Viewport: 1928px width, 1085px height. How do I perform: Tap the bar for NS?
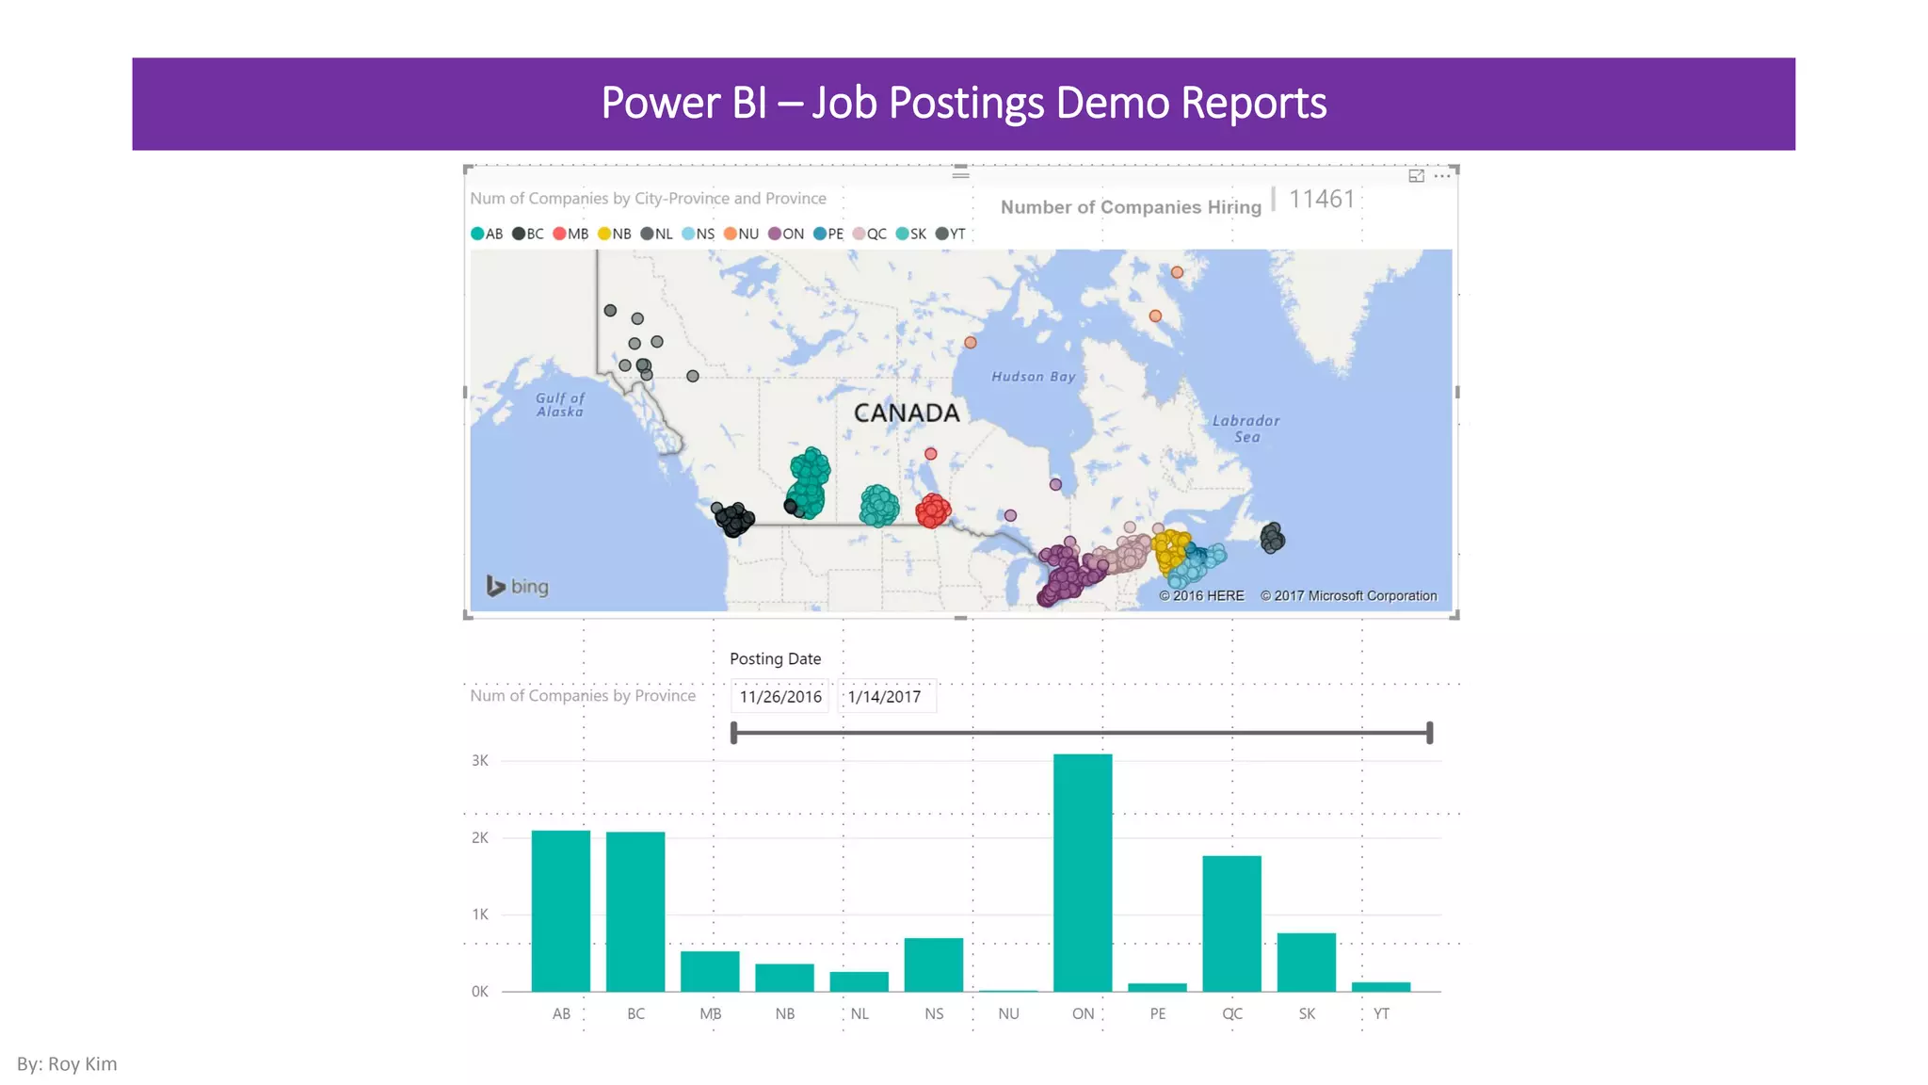pyautogui.click(x=933, y=964)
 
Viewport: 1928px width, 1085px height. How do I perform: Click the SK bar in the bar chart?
pyautogui.click(x=1306, y=962)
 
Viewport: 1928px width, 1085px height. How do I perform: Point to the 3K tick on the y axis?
pyautogui.click(x=480, y=760)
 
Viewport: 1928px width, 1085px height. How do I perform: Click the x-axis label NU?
pyautogui.click(x=1008, y=1013)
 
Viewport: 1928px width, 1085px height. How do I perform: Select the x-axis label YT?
pyautogui.click(x=1381, y=1013)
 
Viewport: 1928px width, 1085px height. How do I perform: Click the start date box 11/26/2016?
pyautogui.click(x=780, y=697)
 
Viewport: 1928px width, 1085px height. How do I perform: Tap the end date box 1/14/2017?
pyautogui.click(x=885, y=697)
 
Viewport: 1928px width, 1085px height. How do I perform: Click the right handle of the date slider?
pyautogui.click(x=1429, y=733)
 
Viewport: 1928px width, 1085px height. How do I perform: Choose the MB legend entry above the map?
pyautogui.click(x=571, y=234)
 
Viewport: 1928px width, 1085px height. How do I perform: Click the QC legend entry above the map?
pyautogui.click(x=870, y=234)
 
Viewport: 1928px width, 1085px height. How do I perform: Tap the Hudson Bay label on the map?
pyautogui.click(x=1033, y=377)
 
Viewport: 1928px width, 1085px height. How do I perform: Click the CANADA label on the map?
pyautogui.click(x=907, y=413)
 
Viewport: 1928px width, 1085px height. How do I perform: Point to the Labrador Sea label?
pyautogui.click(x=1245, y=429)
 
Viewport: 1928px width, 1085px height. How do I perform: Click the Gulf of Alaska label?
pyautogui.click(x=560, y=405)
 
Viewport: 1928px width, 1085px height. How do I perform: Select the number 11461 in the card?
pyautogui.click(x=1321, y=200)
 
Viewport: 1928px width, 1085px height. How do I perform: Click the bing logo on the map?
pyautogui.click(x=518, y=586)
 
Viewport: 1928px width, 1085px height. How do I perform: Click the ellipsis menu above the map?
pyautogui.click(x=1442, y=176)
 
